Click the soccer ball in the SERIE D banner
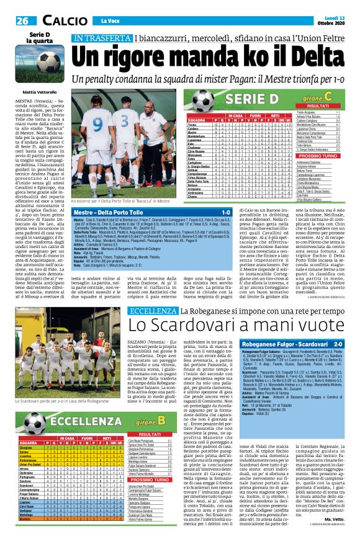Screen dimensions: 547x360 [202, 98]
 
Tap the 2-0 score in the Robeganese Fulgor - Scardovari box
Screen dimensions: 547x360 [344, 343]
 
